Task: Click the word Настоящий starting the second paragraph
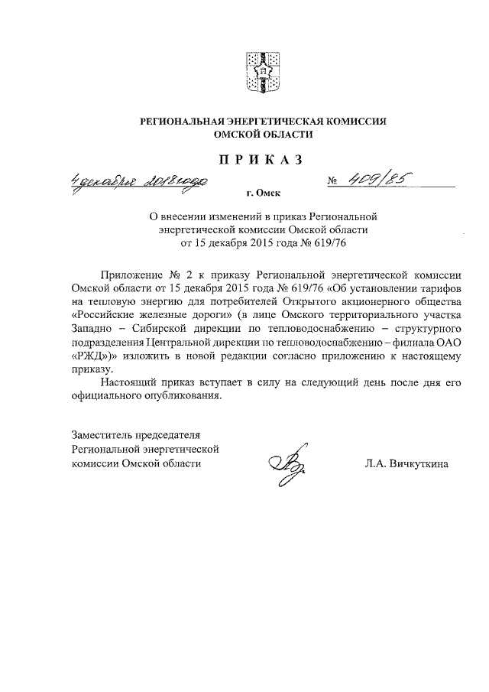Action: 128,382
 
